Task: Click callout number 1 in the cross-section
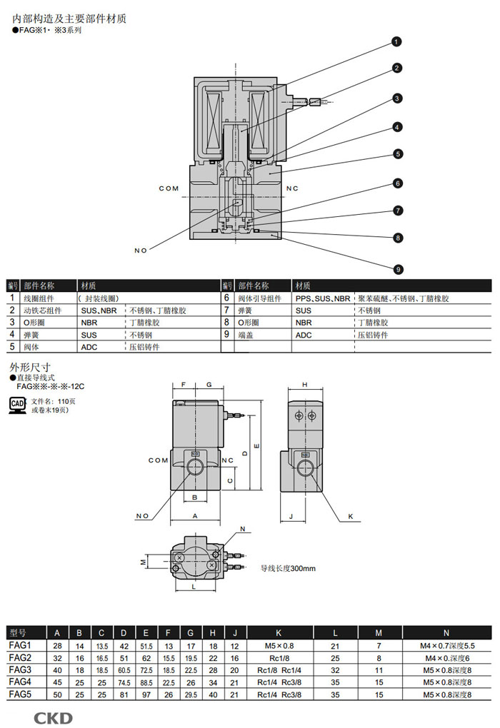pos(396,42)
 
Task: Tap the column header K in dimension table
pos(279,633)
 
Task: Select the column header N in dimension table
pos(446,633)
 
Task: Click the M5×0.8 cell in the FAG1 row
pos(279,646)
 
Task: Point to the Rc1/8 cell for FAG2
pos(279,657)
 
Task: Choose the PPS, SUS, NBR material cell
pos(323,298)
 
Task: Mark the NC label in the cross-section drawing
pos(291,188)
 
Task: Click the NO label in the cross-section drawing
pos(140,250)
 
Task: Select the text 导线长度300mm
pos(287,568)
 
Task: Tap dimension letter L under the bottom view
pos(194,587)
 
